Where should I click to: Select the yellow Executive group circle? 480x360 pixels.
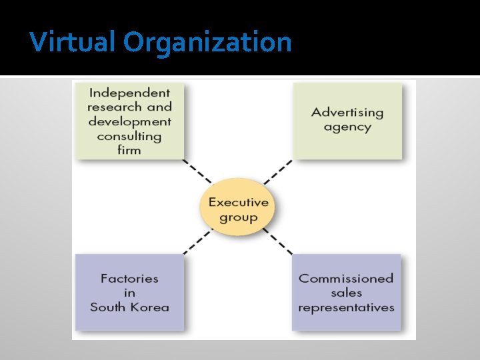coord(238,209)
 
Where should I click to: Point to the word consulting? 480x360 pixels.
coord(129,136)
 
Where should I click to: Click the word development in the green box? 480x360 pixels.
coord(129,121)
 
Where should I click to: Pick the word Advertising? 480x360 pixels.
coord(347,112)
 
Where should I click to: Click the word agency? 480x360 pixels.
coord(347,127)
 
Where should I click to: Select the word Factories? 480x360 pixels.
coord(129,278)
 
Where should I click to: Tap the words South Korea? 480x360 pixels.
coord(129,307)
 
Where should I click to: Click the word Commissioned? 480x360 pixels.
coord(346,278)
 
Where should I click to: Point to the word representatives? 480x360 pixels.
coord(346,307)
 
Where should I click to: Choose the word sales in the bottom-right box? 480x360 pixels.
coord(346,293)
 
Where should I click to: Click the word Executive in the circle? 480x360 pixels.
coord(238,202)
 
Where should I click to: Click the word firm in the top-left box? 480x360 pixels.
coord(129,150)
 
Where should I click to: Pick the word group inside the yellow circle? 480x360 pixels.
coord(238,217)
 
